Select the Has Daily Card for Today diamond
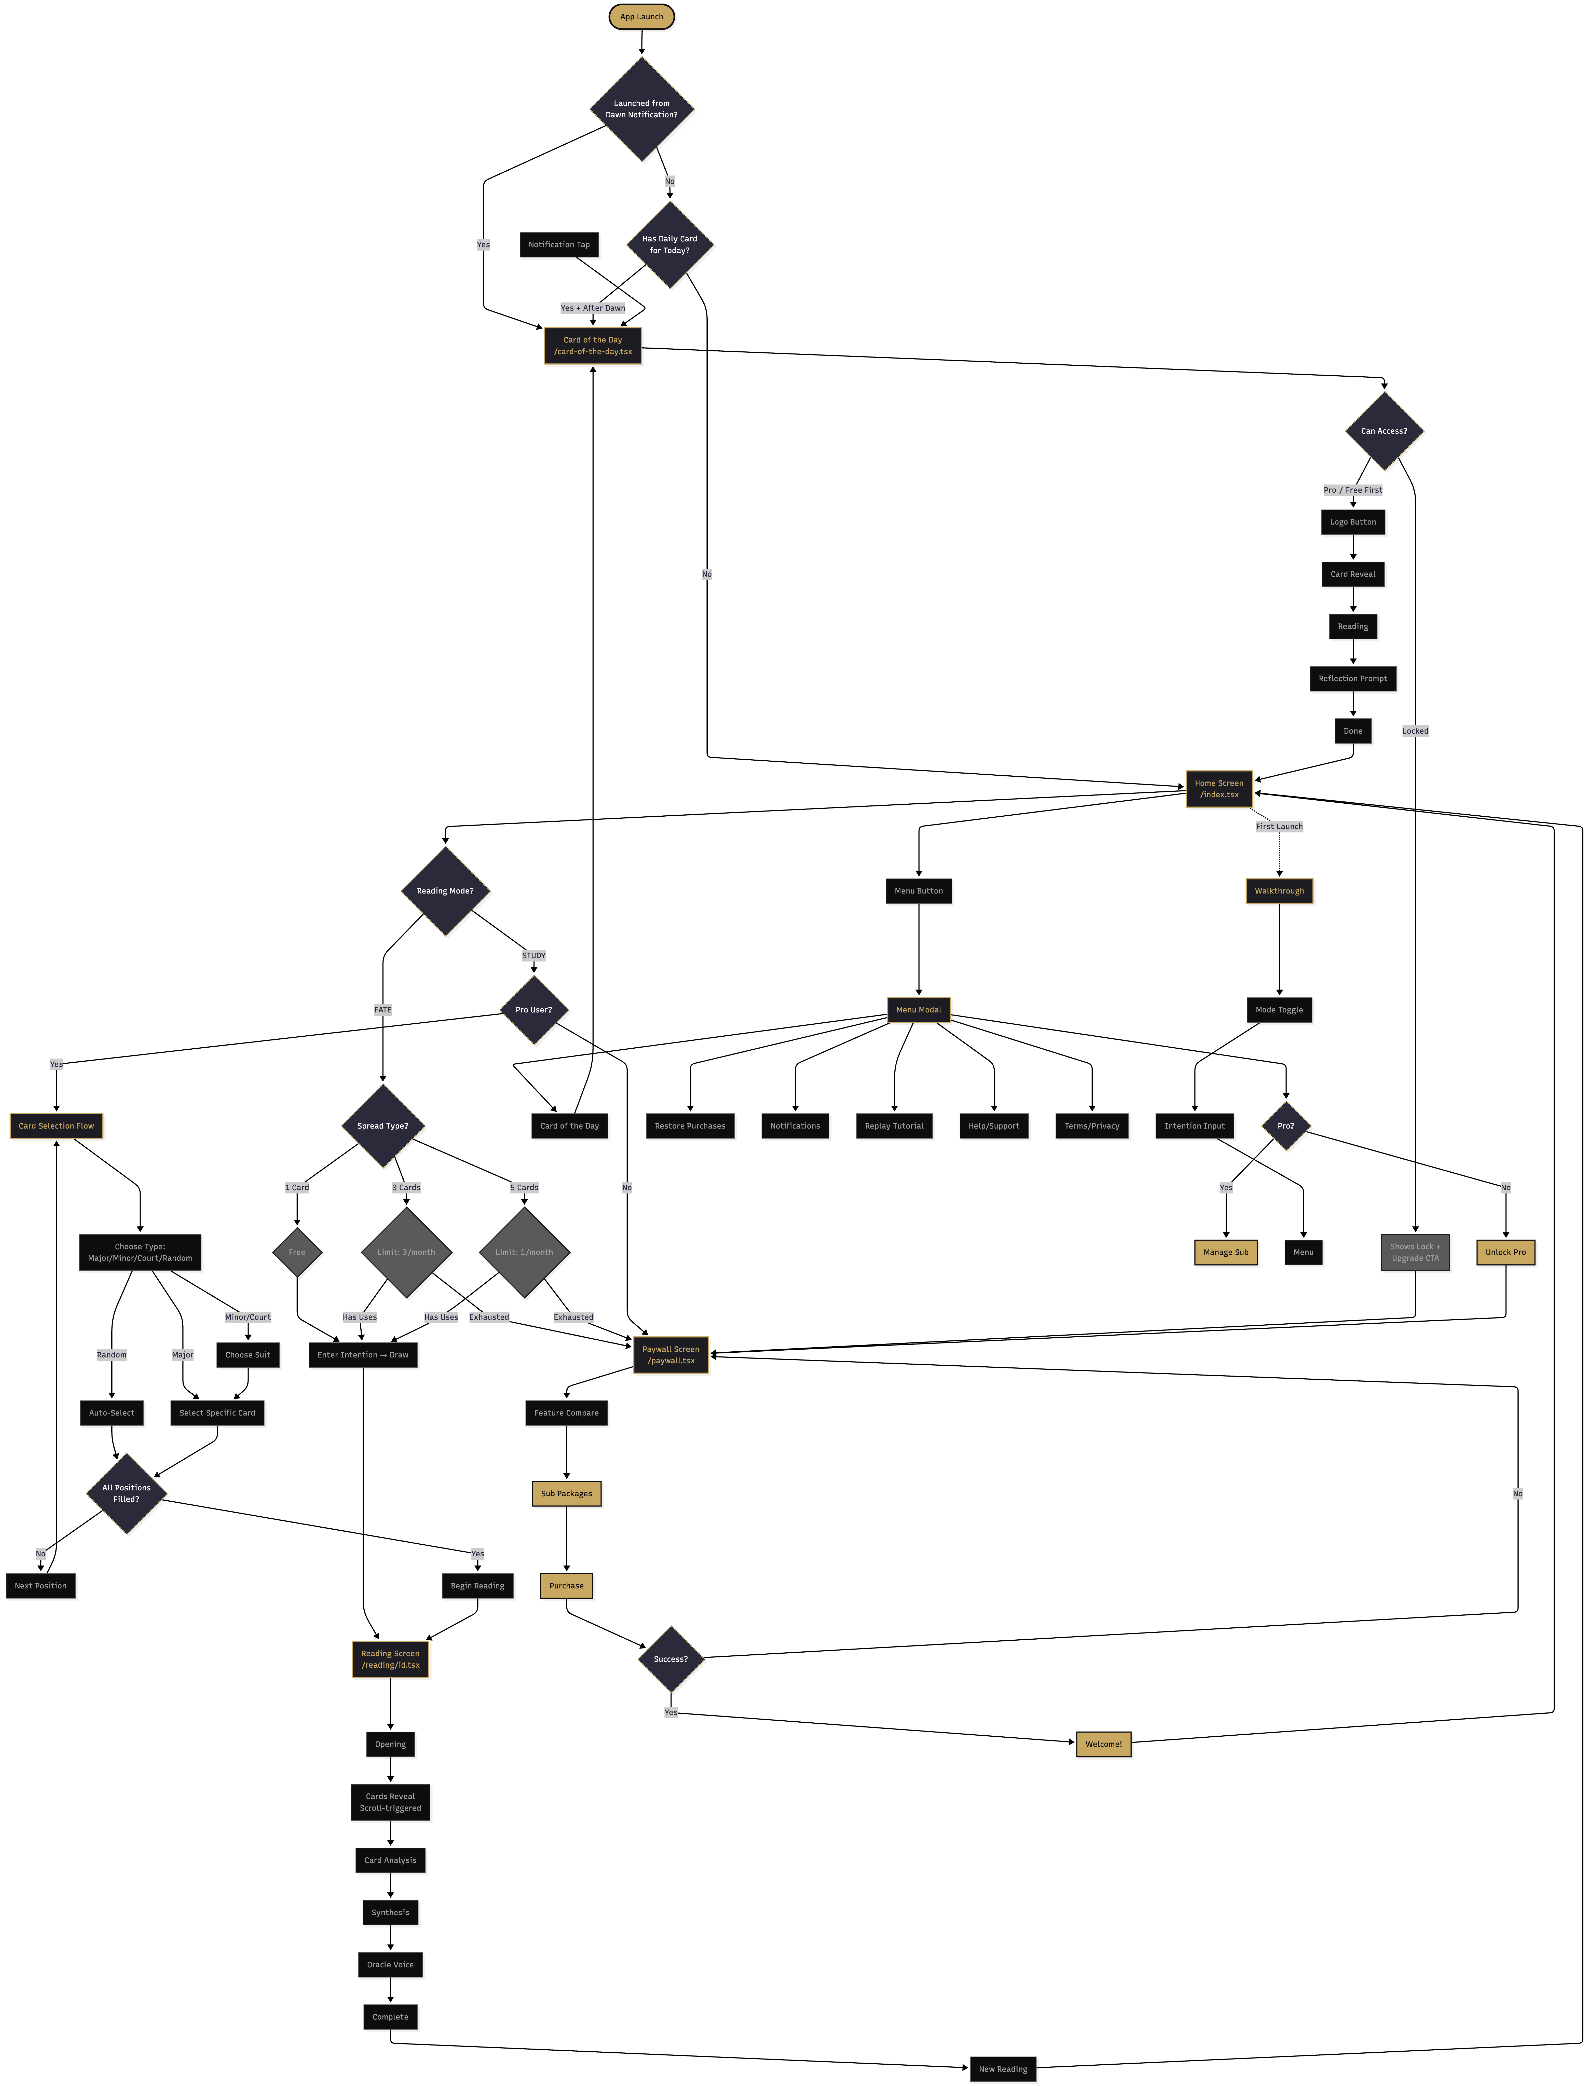[x=670, y=244]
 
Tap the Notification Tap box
[x=559, y=244]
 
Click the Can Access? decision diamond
[x=1384, y=430]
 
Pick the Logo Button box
[x=1352, y=522]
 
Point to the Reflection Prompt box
[x=1352, y=678]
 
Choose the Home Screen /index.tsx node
[x=1218, y=789]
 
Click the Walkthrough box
[x=1279, y=891]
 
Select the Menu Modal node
[x=919, y=1010]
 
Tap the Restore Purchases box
[x=690, y=1125]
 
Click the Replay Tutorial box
[x=894, y=1125]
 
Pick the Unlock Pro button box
[x=1505, y=1252]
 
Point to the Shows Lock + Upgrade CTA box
[x=1415, y=1252]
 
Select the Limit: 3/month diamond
[x=406, y=1252]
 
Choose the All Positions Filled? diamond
[x=126, y=1493]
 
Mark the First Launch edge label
[x=1279, y=827]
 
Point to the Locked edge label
[x=1415, y=731]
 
